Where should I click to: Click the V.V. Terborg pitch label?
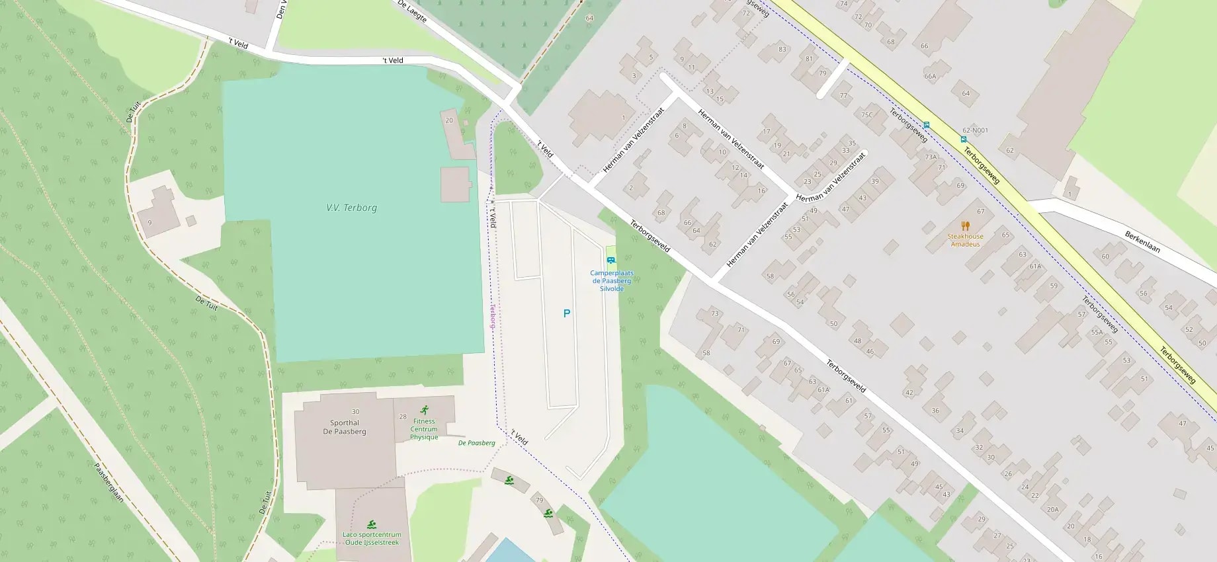351,208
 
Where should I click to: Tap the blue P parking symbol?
566,313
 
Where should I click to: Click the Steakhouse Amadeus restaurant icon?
965,226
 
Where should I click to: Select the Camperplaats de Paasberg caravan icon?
611,260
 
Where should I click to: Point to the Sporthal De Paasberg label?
345,427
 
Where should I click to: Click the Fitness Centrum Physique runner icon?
424,410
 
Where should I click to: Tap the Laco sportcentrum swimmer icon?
370,524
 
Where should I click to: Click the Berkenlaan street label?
1142,241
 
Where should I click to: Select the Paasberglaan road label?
108,482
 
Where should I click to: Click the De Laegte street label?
412,11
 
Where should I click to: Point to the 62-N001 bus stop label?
975,130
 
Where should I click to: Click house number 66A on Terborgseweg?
930,76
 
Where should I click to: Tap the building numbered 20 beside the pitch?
449,120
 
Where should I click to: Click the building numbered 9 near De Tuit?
149,223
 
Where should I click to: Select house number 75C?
866,114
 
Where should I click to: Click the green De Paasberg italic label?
476,443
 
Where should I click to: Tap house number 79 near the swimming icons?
539,500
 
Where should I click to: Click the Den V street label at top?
281,9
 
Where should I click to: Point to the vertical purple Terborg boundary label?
492,317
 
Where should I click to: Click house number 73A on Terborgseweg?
931,157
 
